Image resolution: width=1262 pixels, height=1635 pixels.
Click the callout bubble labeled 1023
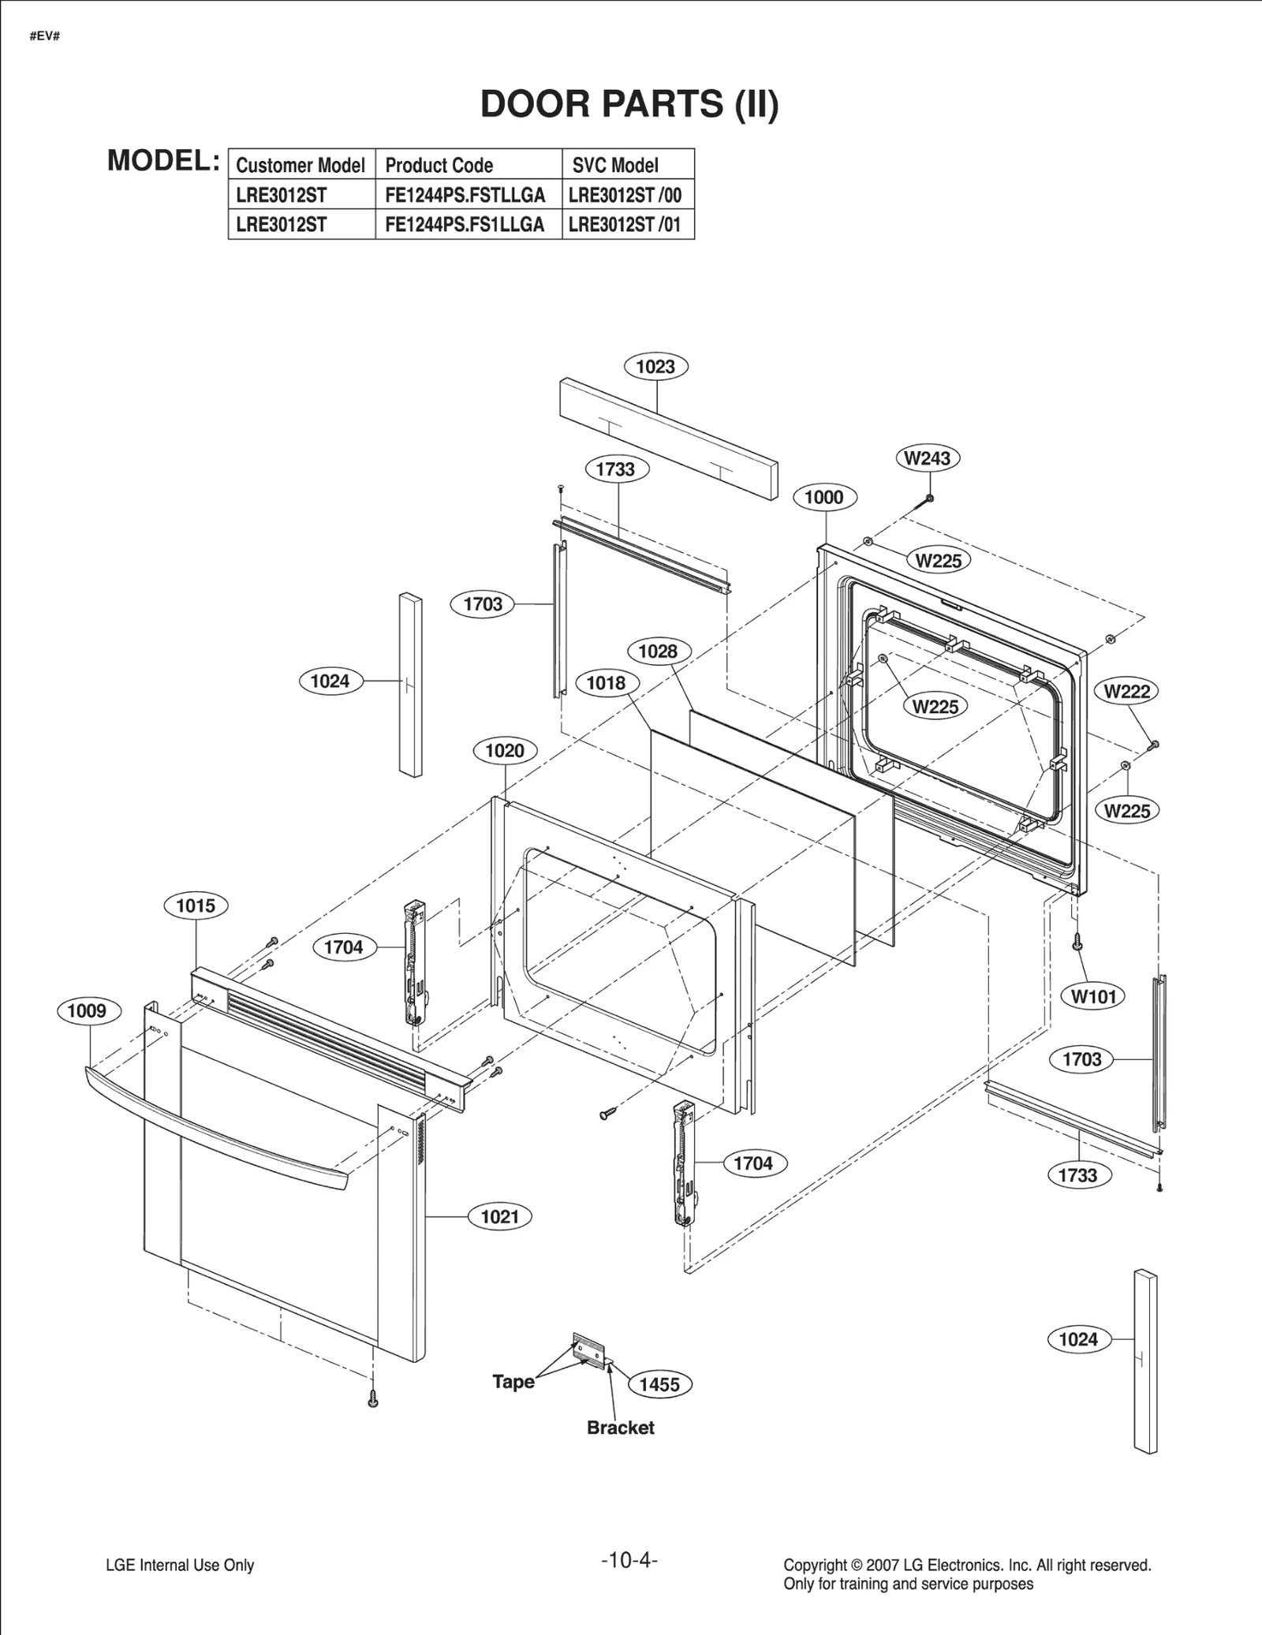pos(655,367)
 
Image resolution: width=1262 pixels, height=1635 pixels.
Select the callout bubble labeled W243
pos(928,458)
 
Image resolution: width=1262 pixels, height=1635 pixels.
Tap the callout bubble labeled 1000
pos(824,498)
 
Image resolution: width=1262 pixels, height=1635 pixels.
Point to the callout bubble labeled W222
pos(1126,692)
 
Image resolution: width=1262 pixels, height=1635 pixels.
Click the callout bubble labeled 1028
pos(659,651)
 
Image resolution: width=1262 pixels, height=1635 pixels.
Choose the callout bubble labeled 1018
pos(607,683)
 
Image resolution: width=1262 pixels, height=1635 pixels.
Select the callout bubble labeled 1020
pos(505,751)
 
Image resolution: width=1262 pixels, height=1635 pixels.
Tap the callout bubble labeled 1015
pos(196,905)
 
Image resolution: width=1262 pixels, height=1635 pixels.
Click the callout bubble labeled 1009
pos(88,1011)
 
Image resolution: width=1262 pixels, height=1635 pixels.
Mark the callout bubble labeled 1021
pos(500,1217)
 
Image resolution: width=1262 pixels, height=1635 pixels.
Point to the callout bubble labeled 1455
pos(659,1385)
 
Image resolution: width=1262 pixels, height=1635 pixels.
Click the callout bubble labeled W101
pos(1094,997)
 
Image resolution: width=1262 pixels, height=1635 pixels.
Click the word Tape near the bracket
pos(513,1382)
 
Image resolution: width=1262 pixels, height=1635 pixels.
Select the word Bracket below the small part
pos(621,1428)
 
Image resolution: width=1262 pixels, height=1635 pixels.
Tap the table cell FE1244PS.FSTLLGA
pos(465,195)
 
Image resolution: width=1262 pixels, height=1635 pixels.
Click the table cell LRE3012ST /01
pos(625,225)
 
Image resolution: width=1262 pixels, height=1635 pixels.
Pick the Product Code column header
pos(439,166)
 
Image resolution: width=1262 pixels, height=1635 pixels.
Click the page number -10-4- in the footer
pos(629,1560)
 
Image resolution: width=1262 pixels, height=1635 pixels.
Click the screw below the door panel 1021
pos(373,1399)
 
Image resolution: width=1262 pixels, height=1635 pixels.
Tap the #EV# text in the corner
pos(44,37)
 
